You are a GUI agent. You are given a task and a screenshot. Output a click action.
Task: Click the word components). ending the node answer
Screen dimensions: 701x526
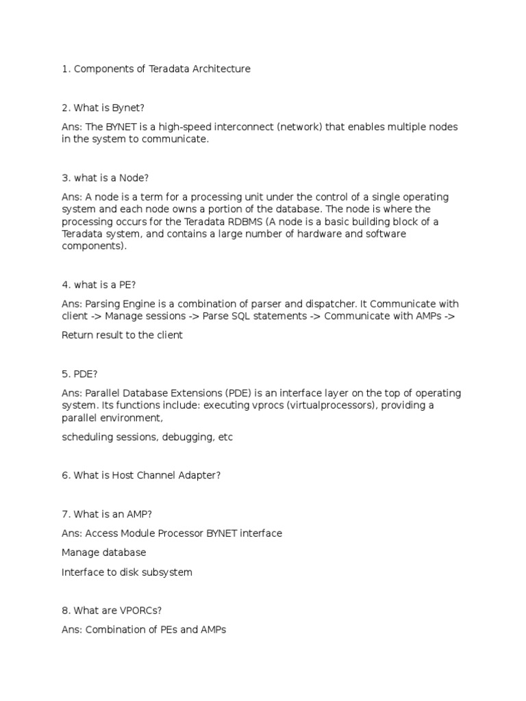(x=95, y=246)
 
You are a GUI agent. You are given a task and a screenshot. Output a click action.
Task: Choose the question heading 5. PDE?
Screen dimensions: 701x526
(x=79, y=374)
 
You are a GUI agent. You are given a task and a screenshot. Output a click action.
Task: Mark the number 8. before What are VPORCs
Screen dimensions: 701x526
(x=66, y=610)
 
